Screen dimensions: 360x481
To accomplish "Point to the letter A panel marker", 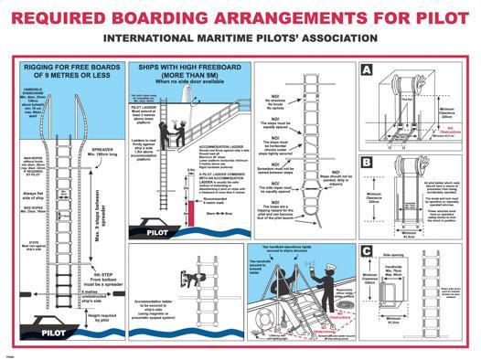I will coord(366,71).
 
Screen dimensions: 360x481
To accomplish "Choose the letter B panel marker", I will coord(366,163).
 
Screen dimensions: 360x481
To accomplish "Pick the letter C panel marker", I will coord(366,249).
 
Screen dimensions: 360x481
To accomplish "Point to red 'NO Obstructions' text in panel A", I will coord(447,129).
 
